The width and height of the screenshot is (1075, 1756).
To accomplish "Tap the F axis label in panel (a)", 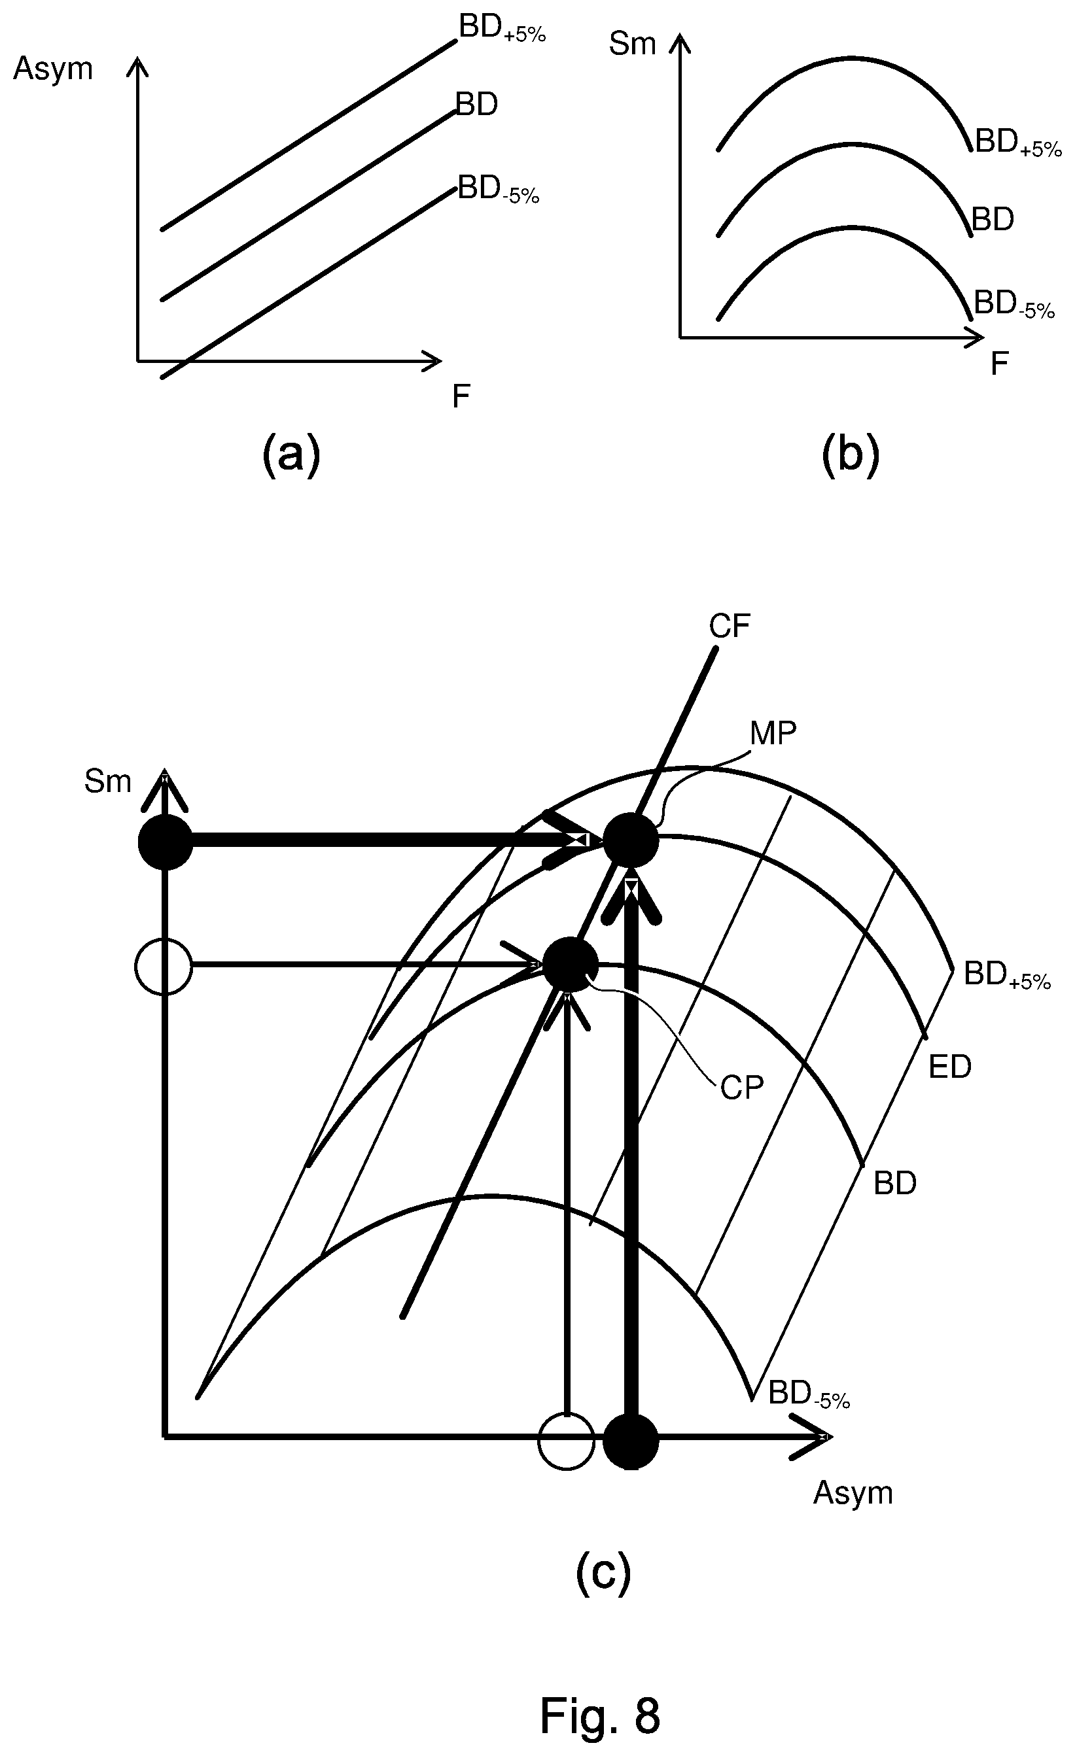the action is (x=461, y=396).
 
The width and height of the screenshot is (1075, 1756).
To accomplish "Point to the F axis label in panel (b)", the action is (x=1000, y=364).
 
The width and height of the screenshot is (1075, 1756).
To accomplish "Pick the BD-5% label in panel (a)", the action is (x=499, y=190).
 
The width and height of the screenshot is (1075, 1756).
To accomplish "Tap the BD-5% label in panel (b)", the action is (x=1014, y=304).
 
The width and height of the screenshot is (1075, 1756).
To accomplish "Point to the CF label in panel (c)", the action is (x=730, y=627).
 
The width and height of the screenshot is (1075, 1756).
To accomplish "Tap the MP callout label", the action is (x=773, y=732).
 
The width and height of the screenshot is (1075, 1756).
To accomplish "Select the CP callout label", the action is (x=742, y=1088).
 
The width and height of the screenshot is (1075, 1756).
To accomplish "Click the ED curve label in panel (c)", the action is (x=950, y=1067).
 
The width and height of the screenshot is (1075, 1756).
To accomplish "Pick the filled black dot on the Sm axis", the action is (x=166, y=842).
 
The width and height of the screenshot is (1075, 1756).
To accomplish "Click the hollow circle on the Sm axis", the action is (x=164, y=967).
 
